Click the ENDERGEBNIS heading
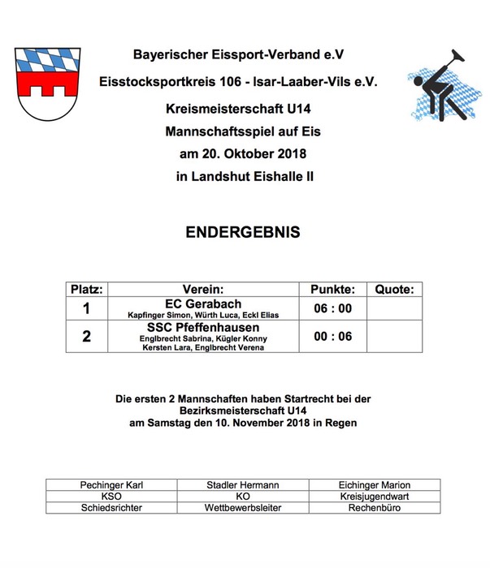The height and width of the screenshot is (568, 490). click(x=243, y=232)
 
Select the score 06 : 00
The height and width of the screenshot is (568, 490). click(x=333, y=308)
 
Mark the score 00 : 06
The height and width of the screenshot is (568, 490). click(x=333, y=336)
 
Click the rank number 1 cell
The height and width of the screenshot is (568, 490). click(x=86, y=308)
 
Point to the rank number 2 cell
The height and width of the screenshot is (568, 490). click(x=86, y=336)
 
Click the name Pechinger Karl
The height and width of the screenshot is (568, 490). click(x=112, y=484)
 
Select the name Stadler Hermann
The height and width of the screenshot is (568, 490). click(x=243, y=484)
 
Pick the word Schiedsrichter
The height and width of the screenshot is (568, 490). click(x=112, y=507)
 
